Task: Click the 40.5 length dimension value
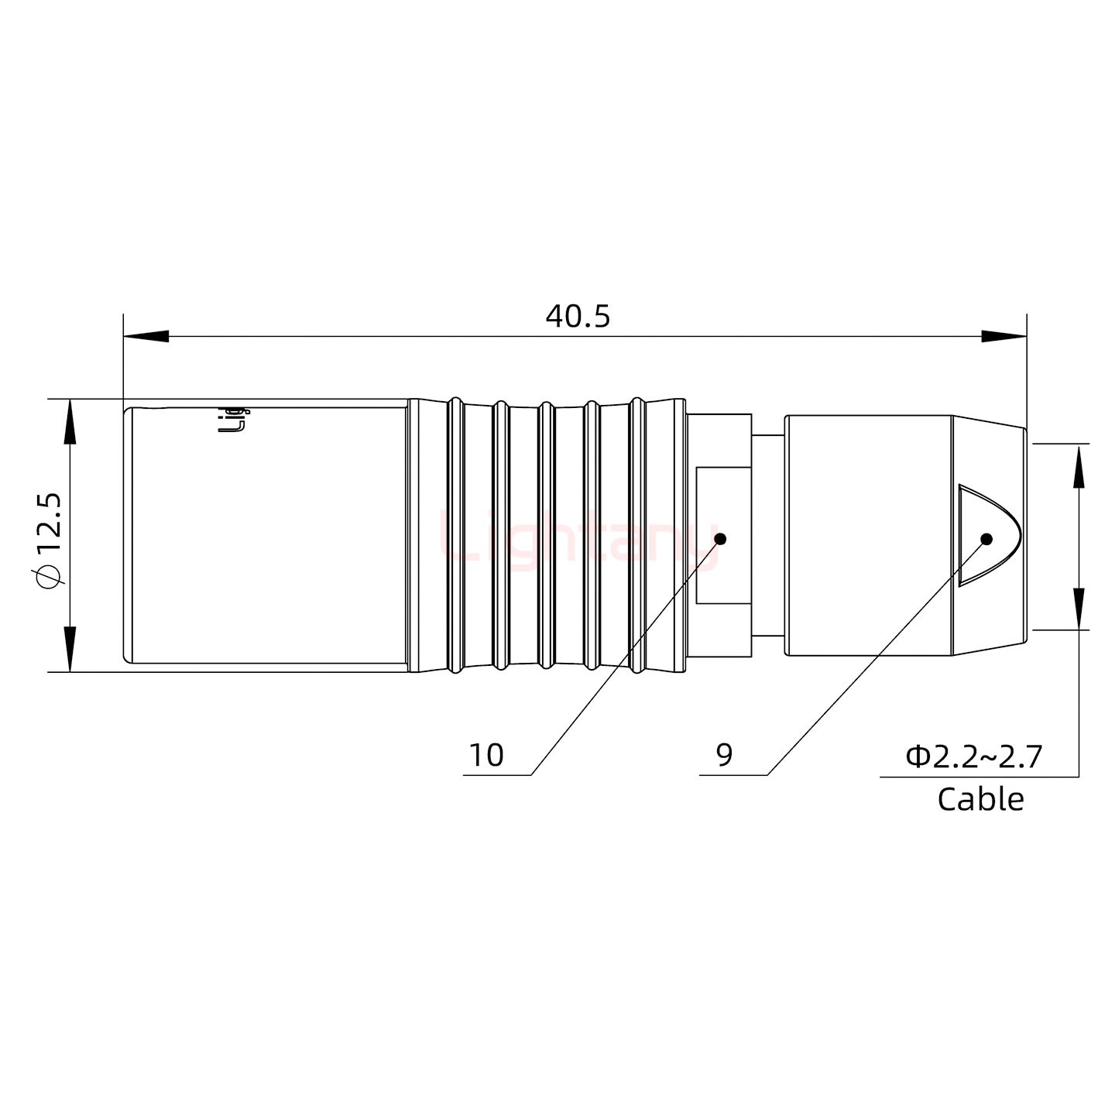click(x=578, y=316)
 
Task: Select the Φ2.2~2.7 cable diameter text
click(x=974, y=756)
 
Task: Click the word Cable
click(x=980, y=799)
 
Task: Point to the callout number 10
click(x=486, y=755)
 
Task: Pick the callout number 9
click(x=724, y=755)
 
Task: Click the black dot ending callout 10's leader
click(x=720, y=539)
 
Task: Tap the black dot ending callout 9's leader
click(x=986, y=539)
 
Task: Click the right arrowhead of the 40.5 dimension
click(x=1003, y=337)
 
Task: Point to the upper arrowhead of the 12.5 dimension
click(x=70, y=421)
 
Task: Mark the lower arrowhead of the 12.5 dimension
click(x=70, y=649)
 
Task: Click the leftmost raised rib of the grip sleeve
click(x=456, y=534)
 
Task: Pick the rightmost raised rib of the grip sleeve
click(x=637, y=534)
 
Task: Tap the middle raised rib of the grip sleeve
click(x=546, y=534)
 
